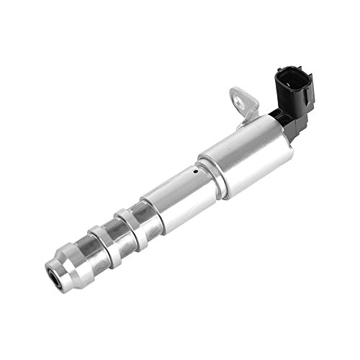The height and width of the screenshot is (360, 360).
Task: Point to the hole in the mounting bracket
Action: point(238,96)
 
